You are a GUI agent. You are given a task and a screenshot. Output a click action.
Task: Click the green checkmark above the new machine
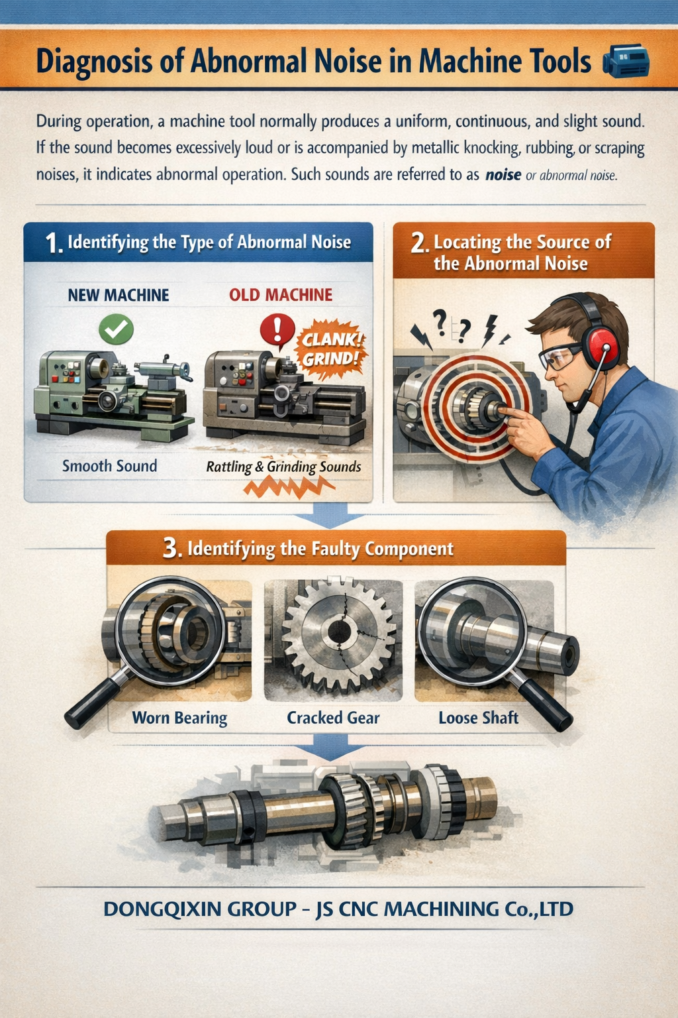(116, 329)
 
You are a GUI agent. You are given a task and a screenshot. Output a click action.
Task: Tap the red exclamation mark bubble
(277, 329)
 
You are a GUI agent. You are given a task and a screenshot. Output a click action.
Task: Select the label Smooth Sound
(109, 466)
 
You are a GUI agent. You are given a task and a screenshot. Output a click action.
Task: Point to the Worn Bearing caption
(179, 718)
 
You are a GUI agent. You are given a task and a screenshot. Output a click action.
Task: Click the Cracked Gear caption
(333, 718)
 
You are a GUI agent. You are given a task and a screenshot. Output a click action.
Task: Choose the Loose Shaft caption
(478, 718)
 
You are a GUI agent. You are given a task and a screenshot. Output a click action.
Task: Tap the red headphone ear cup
(604, 345)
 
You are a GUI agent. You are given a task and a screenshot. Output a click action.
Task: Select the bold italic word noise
(503, 176)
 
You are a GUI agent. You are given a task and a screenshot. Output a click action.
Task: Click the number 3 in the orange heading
(171, 549)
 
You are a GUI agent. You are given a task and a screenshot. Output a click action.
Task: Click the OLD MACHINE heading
(281, 295)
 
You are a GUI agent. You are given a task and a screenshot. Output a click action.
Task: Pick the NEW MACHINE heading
(119, 295)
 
